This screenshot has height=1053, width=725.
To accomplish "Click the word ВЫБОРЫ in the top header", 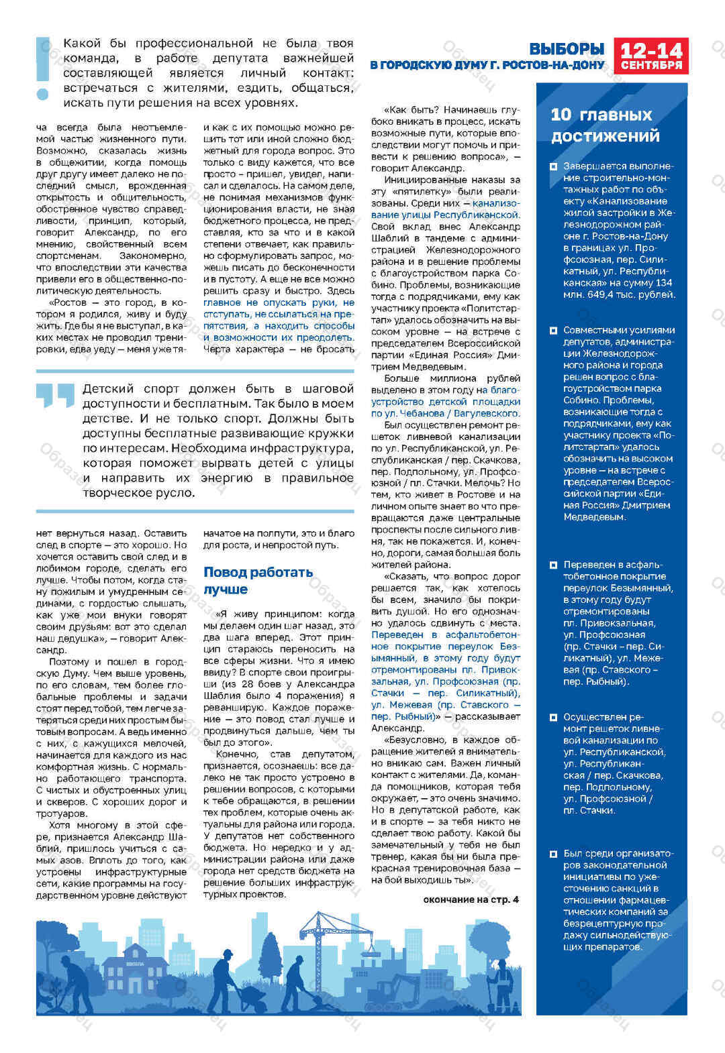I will [x=567, y=49].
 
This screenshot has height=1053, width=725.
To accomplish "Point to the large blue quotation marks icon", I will [x=55, y=395].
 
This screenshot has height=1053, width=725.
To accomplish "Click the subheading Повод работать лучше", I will [x=258, y=580].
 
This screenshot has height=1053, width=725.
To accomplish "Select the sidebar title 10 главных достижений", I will [x=605, y=125].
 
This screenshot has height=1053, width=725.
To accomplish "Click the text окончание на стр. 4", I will [x=471, y=899].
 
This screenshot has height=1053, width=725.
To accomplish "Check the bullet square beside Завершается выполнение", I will [x=553, y=166].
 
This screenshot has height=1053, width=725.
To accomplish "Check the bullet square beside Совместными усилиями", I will [x=553, y=331].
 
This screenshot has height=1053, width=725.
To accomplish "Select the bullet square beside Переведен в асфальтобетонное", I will [x=553, y=565].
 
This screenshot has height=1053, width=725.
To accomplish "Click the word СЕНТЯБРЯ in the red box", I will [x=650, y=66].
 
